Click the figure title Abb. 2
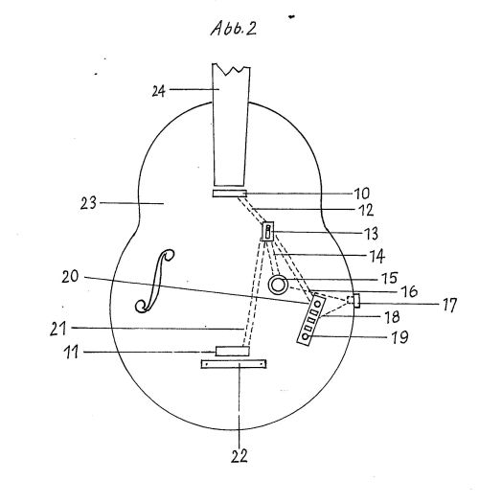(x=234, y=28)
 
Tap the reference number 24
(x=158, y=91)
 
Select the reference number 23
(x=88, y=203)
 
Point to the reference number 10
(x=361, y=194)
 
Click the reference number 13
(x=370, y=233)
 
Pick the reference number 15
(x=390, y=278)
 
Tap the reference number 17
(x=449, y=305)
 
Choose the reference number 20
(x=70, y=277)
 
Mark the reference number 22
(x=239, y=456)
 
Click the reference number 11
(x=71, y=353)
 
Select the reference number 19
(x=399, y=338)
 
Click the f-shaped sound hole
(x=154, y=281)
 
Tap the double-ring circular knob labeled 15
(x=278, y=285)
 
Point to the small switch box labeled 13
(x=268, y=231)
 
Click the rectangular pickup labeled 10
(x=229, y=194)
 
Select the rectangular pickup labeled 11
(x=232, y=351)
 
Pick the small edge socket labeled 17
(x=354, y=301)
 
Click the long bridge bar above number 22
(x=234, y=364)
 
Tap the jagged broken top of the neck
(x=231, y=69)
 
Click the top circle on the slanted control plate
(x=318, y=304)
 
